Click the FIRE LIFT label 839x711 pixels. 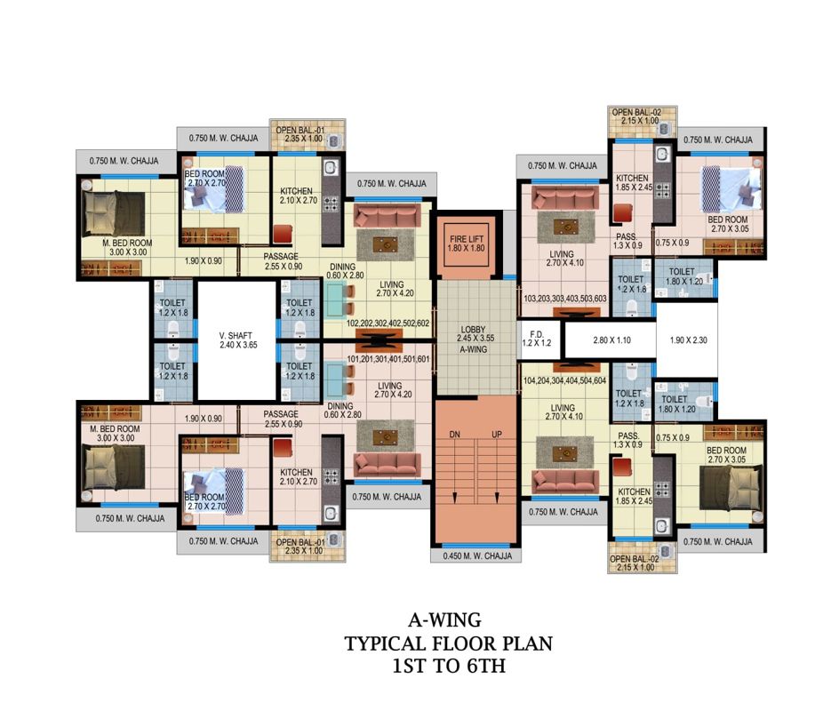pos(467,239)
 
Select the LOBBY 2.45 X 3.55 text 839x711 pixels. pos(475,334)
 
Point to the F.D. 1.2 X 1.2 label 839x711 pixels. pos(536,339)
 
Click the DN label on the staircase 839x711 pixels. pos(455,435)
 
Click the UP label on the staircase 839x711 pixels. pos(497,435)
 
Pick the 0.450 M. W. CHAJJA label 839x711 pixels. pos(477,555)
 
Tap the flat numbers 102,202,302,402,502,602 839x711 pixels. pos(388,324)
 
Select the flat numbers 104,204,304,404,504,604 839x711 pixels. pos(564,381)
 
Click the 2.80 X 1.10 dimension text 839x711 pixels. pos(611,340)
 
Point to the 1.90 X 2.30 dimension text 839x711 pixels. pos(688,340)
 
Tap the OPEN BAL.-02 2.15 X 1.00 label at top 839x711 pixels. pos(636,116)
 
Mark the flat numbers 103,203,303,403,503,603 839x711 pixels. pos(565,299)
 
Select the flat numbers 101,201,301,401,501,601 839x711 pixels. pos(388,359)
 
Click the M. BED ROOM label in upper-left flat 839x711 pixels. pos(127,243)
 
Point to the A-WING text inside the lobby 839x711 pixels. pos(474,349)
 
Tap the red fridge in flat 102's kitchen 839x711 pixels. pos(283,235)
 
